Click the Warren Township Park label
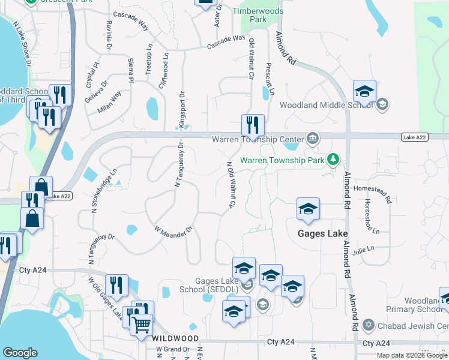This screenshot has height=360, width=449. coord(282,160)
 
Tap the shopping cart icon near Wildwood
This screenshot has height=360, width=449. coord(142,325)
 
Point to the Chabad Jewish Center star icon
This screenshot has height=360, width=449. coord(369,325)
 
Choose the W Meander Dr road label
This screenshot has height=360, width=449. coord(174,230)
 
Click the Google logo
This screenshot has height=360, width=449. coord(20,353)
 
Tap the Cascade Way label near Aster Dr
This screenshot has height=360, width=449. coord(226,42)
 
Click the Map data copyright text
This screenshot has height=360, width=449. coord(411,355)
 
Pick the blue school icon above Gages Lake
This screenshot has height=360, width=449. coord(308,209)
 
